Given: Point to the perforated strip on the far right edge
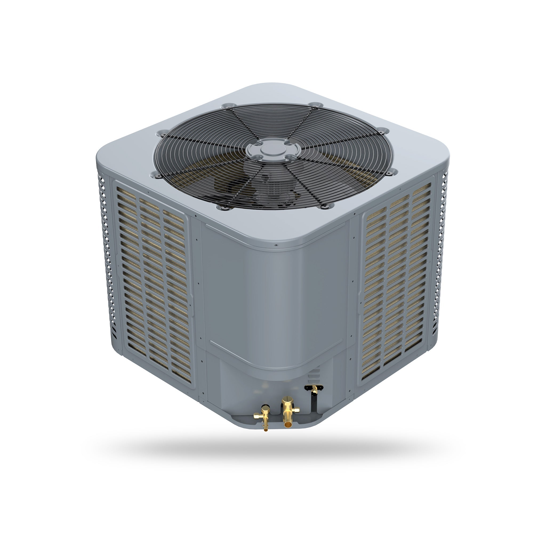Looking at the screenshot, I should click(441, 254).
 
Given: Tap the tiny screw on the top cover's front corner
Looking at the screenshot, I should click(276, 245).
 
